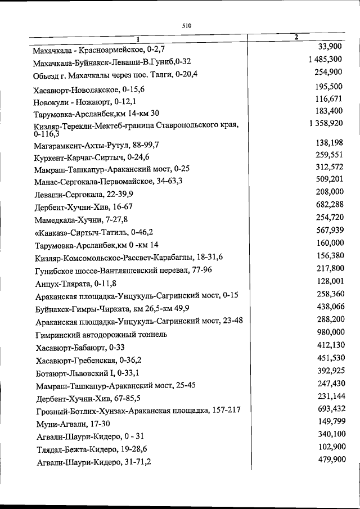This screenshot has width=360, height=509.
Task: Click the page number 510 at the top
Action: tap(187, 25)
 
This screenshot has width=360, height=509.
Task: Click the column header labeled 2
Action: tap(296, 37)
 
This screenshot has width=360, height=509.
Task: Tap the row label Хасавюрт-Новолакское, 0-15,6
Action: tap(89, 89)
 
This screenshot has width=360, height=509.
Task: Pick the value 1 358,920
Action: tap(325, 123)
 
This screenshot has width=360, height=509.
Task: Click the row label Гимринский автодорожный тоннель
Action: tap(101, 334)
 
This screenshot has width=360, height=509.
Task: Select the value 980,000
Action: tap(329, 331)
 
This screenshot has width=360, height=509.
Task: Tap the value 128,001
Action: tap(329, 280)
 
